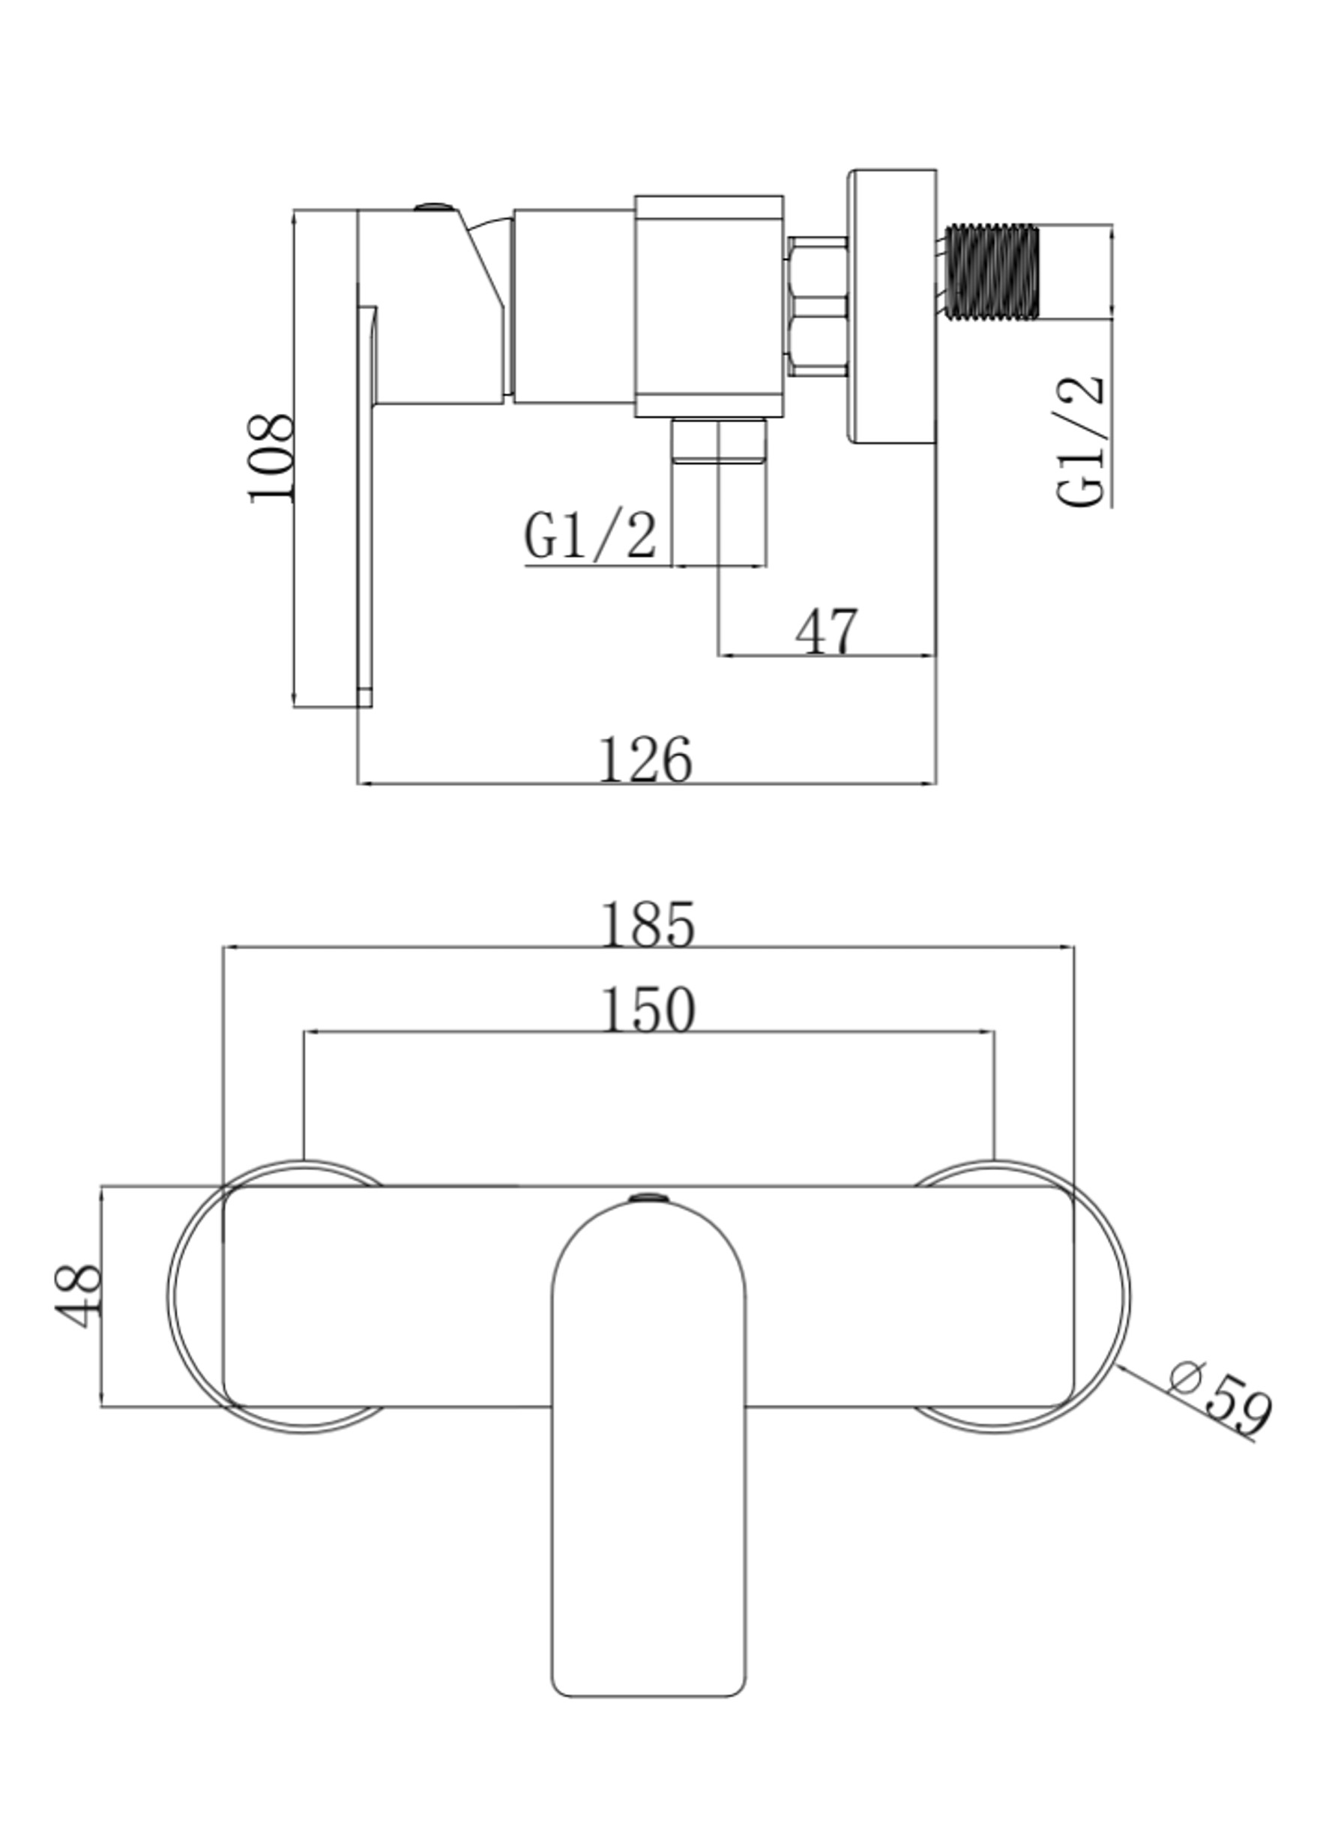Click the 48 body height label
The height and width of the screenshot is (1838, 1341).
(79, 1297)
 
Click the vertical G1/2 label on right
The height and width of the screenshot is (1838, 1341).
(1081, 442)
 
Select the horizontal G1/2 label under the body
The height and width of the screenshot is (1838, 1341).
(590, 536)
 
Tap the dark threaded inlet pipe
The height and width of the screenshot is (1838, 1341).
(992, 272)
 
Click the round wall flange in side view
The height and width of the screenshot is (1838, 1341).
(892, 307)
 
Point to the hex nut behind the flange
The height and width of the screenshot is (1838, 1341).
(816, 307)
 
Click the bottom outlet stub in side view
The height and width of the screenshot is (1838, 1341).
(719, 441)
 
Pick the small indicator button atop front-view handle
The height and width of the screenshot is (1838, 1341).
(648, 1196)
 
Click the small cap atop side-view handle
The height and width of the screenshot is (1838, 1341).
(435, 208)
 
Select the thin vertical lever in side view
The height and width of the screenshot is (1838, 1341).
(367, 503)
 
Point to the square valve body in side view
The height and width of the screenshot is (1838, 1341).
(708, 307)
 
